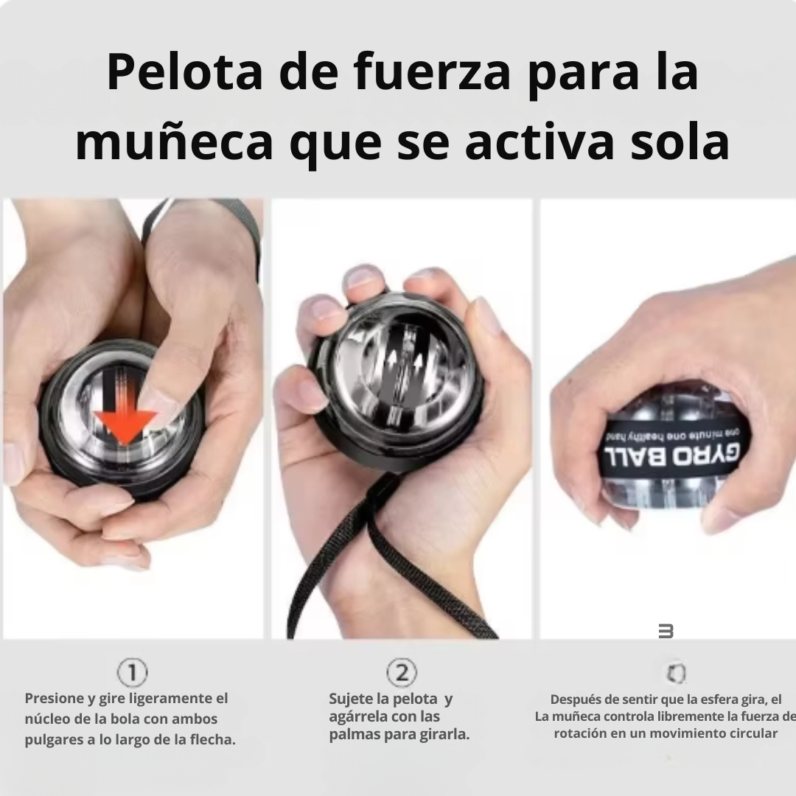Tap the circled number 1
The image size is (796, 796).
[133, 672]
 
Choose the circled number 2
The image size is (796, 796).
[402, 672]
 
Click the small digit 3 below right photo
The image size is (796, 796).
[666, 631]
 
